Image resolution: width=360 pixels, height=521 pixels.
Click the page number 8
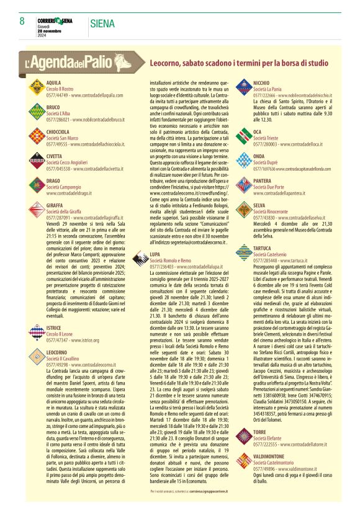(22, 22)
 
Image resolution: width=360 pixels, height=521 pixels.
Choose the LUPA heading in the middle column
(155, 254)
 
